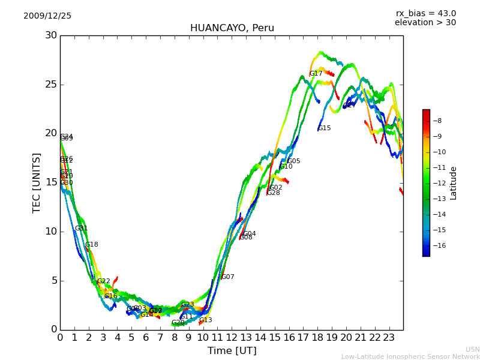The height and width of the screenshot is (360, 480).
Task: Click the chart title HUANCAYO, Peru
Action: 232,28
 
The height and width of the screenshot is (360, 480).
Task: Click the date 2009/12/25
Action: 47,16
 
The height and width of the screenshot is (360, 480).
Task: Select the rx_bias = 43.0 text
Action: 425,14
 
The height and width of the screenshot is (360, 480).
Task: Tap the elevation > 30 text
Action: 425,23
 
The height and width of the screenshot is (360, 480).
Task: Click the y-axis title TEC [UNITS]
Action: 37,182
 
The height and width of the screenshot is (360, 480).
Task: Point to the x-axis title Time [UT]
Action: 232,351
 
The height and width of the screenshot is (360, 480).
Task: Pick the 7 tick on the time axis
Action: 160,338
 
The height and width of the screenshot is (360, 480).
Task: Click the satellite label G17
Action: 316,74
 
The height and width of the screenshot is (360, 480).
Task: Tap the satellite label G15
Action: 324,128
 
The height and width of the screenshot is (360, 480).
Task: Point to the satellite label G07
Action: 227,277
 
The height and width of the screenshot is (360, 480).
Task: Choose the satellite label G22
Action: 103,281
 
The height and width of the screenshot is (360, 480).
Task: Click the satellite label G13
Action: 205,320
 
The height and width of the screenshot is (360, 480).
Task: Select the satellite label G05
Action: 293,161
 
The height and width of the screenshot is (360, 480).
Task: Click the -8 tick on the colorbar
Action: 436,121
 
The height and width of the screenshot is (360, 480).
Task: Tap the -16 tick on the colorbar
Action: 436,245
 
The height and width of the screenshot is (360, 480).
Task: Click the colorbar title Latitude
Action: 454,183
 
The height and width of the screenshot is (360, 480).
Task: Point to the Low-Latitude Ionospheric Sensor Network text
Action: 410,356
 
